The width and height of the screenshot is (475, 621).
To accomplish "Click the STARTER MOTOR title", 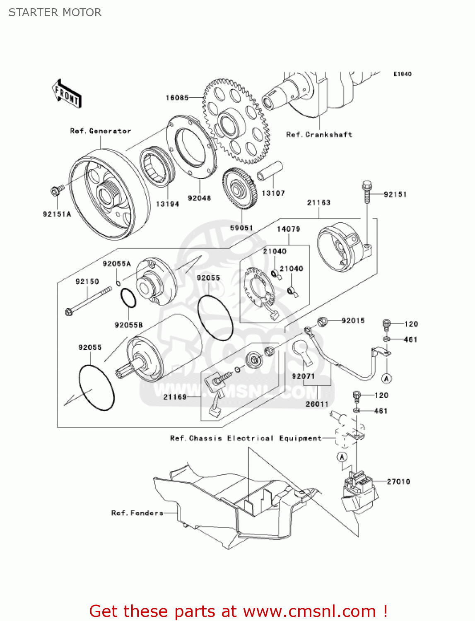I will pos(55,12).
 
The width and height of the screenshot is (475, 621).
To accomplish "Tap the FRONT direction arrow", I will pos(67,94).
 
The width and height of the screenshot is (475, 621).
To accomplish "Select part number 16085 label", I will pos(177,98).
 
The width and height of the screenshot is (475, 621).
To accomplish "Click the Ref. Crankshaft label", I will pos(319,135).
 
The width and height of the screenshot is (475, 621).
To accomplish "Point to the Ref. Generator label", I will pos(100,131).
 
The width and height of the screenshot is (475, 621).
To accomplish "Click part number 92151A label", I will pos(57,214).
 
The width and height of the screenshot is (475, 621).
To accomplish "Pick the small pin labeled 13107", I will pos(270,171).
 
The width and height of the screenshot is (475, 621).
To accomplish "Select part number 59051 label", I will pos(241,228).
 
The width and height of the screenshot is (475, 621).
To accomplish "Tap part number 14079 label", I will pos(288,229).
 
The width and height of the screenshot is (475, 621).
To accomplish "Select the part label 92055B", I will pos(128,325).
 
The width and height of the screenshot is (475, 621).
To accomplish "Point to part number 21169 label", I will pos(175,397).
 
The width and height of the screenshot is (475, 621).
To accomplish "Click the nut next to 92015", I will pos(322,321).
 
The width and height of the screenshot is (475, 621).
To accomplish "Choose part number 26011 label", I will pos(317,404).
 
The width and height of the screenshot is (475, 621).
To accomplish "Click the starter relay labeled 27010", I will pos(359,491).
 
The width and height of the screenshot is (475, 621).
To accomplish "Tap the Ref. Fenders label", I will pos(137,513).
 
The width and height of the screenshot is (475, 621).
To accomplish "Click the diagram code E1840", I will pos(402,74).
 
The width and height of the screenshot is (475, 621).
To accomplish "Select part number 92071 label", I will pos(303,376).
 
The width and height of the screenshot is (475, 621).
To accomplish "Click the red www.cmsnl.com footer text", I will pos(238,611).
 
